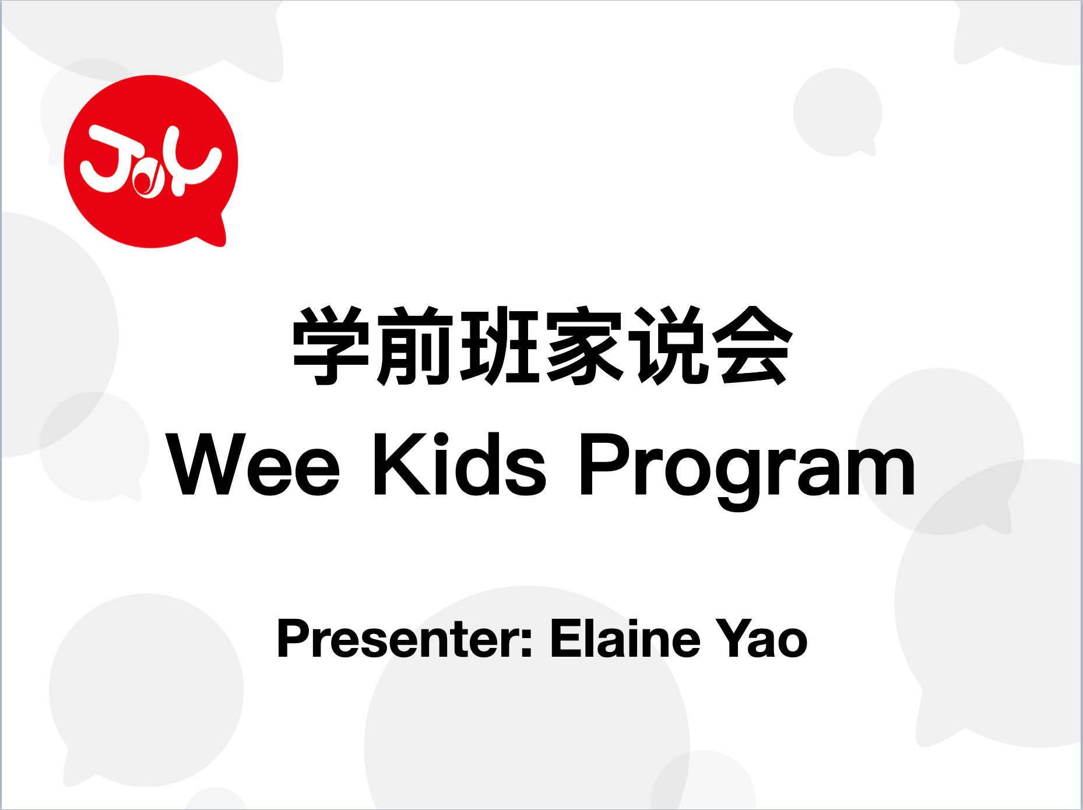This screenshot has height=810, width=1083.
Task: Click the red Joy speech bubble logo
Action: pyautogui.click(x=151, y=161)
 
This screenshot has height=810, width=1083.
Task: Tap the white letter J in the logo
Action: pyautogui.click(x=111, y=159)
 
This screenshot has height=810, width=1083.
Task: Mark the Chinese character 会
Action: pyautogui.click(x=752, y=346)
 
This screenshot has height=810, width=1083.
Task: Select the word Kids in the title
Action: pyautogui.click(x=460, y=464)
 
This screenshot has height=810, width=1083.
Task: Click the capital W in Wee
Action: pyautogui.click(x=206, y=464)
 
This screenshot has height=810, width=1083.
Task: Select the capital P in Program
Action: pyautogui.click(x=606, y=464)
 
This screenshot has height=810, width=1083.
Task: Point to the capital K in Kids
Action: pyautogui.click(x=400, y=464)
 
